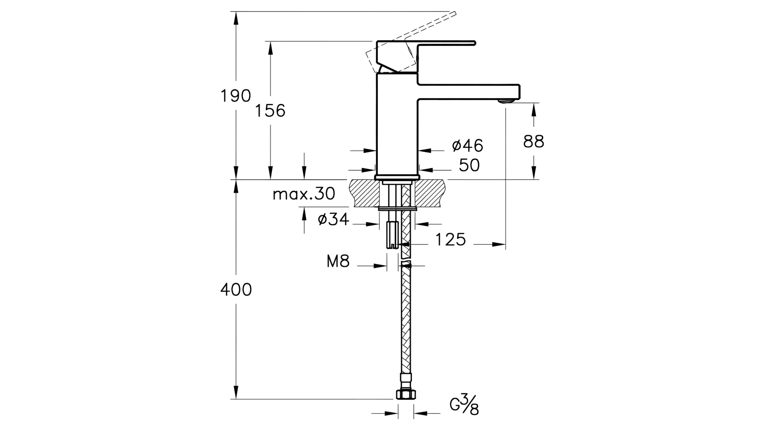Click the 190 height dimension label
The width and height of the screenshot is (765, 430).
click(236, 96)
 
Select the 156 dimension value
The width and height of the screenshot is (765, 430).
click(270, 111)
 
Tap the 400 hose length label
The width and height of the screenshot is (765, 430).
click(236, 290)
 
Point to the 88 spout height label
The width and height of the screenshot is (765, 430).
click(534, 141)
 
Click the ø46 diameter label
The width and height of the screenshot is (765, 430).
click(467, 145)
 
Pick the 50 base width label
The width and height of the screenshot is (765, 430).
click(469, 165)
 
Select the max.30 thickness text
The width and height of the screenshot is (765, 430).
click(304, 194)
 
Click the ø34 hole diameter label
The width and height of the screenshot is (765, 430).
click(334, 219)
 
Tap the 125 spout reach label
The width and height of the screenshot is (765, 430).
click(451, 240)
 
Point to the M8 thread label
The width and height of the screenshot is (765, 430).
click(338, 262)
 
